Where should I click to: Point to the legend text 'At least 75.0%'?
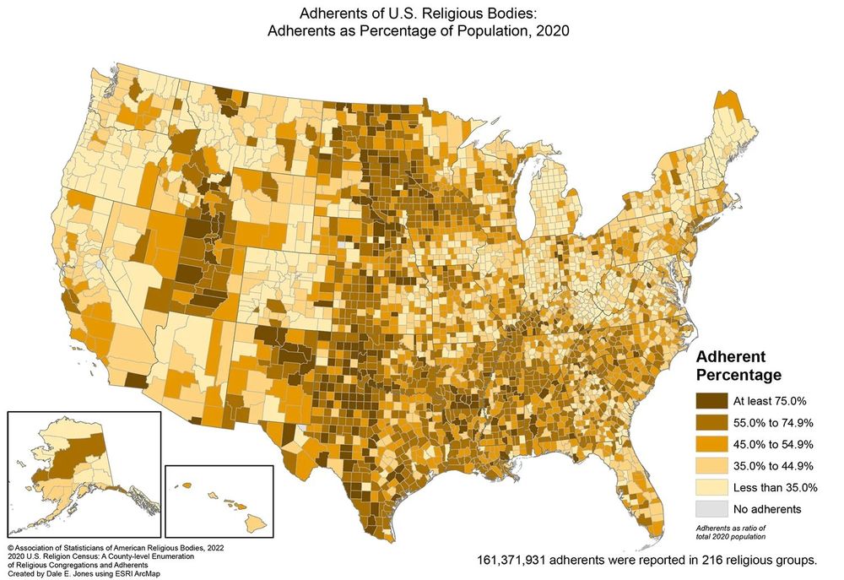tap(770, 400)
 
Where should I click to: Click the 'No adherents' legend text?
tap(766, 509)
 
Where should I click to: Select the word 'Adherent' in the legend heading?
tap(730, 355)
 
